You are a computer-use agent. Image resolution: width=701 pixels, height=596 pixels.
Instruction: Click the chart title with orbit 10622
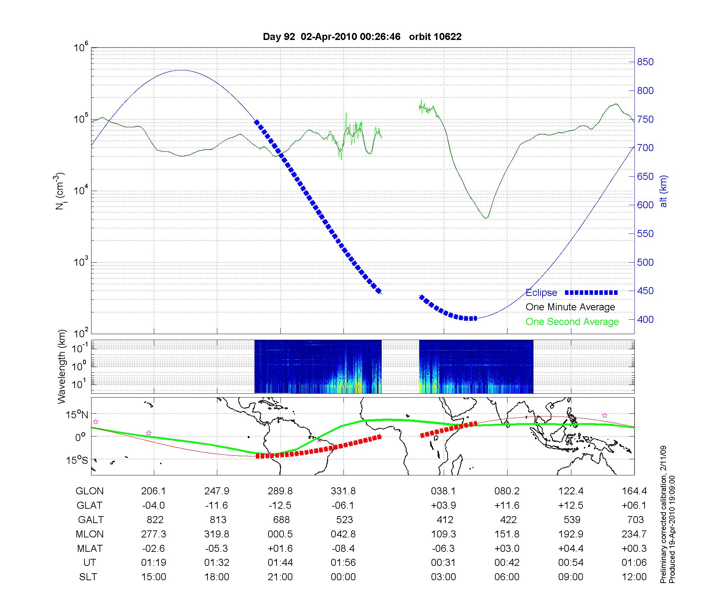tap(362, 37)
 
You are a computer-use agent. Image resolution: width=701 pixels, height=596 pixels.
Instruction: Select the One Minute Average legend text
tap(570, 307)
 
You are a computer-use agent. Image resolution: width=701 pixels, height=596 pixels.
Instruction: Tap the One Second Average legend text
tap(572, 322)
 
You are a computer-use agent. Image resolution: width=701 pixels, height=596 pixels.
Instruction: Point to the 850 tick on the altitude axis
tap(645, 62)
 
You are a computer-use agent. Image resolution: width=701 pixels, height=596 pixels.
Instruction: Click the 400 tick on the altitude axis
tap(645, 319)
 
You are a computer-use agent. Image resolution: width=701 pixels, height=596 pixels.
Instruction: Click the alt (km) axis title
tap(663, 191)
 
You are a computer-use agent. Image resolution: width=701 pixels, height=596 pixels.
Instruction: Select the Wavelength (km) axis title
tap(62, 366)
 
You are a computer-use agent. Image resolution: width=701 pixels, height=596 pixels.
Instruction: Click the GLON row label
tap(89, 491)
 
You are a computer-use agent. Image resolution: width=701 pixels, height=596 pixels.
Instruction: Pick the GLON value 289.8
tap(280, 491)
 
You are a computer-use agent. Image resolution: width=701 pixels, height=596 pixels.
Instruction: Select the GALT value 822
tap(154, 520)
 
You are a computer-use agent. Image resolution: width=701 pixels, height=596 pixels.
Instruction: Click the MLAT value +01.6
tap(280, 548)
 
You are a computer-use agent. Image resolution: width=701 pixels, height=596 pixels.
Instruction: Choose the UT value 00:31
tap(443, 563)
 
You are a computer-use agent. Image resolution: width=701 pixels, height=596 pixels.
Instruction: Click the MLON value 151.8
tap(507, 534)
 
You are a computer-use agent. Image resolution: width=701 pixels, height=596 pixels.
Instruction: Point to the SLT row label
tap(88, 577)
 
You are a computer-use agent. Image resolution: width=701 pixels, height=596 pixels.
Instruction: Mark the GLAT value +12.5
tap(571, 506)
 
